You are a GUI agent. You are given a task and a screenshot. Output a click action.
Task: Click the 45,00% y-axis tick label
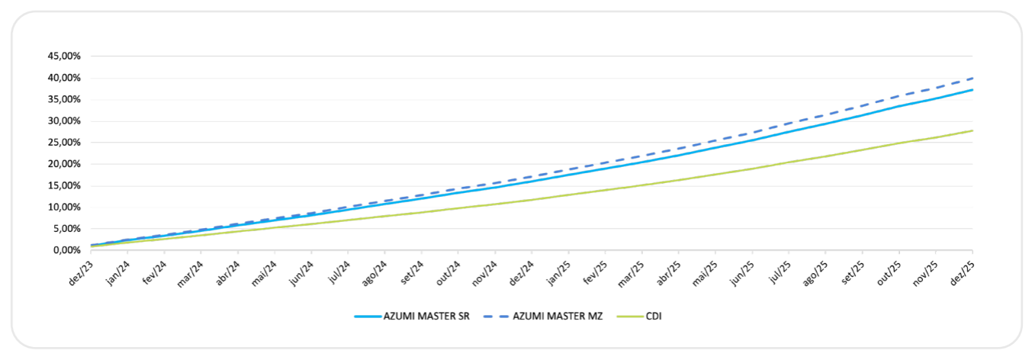click(x=65, y=56)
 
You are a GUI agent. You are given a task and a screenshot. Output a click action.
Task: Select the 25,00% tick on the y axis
click(x=65, y=143)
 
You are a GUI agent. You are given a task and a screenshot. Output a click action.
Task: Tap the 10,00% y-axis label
click(x=65, y=207)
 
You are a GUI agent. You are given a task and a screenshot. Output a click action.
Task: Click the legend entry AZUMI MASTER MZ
click(x=558, y=317)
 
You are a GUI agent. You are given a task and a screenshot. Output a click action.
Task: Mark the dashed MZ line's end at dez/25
click(x=972, y=78)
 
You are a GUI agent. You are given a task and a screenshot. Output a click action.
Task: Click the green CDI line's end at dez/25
click(x=972, y=130)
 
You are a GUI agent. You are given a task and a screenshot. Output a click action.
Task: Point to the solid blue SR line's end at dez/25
click(x=972, y=90)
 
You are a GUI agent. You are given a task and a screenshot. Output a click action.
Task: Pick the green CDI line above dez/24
click(x=532, y=200)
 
